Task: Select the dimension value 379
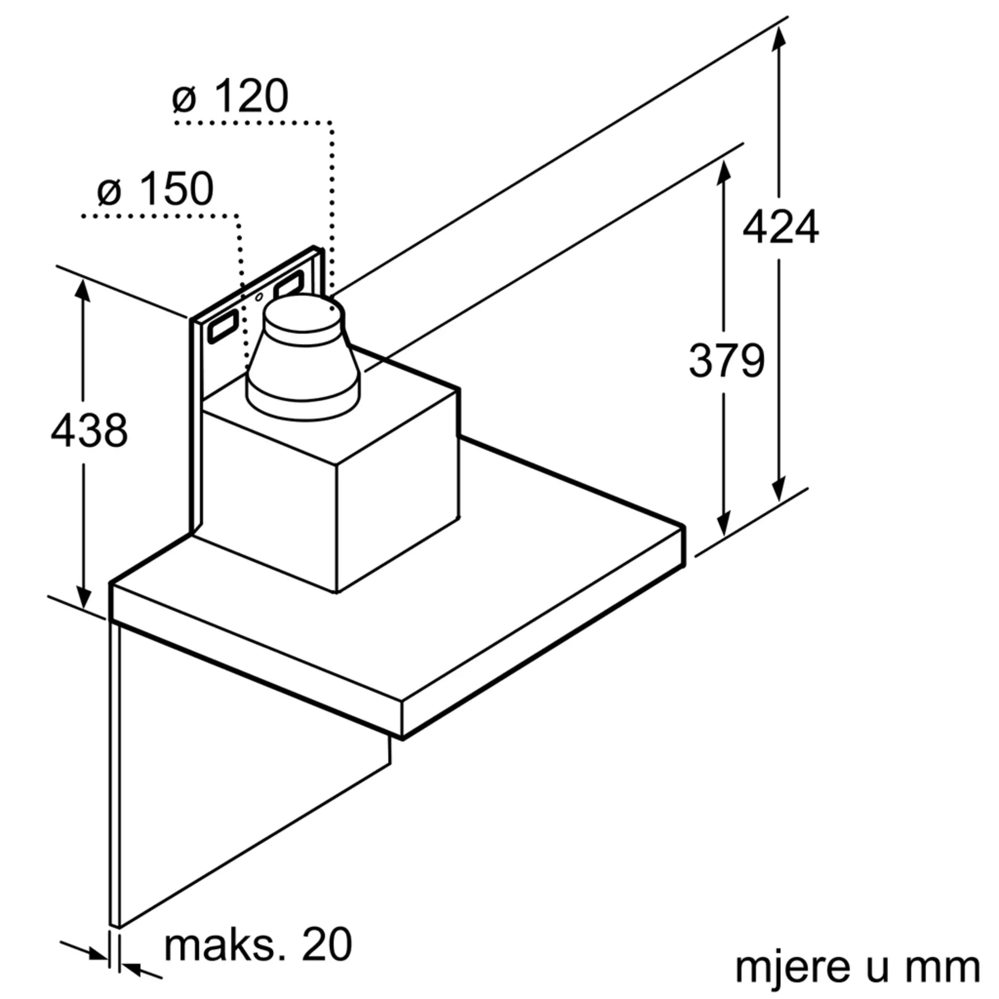tap(726, 361)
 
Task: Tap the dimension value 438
tap(89, 430)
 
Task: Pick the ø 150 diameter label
tap(155, 189)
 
